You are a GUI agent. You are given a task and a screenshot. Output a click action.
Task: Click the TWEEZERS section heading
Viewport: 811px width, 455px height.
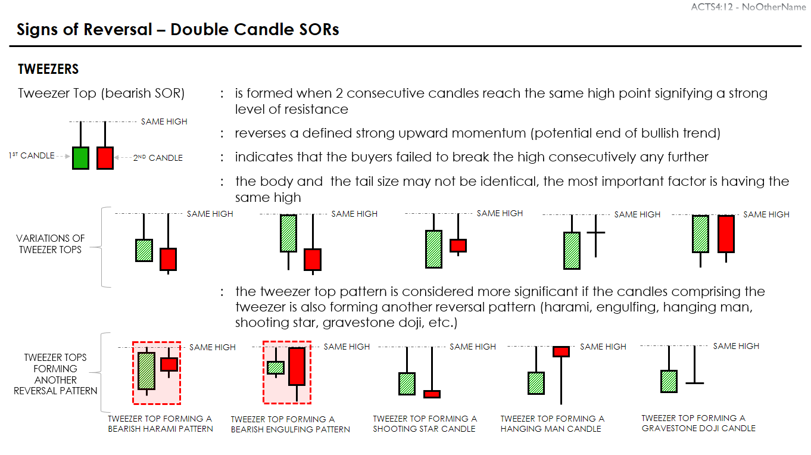point(48,68)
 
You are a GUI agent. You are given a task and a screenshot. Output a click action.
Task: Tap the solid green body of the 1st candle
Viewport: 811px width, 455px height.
point(80,158)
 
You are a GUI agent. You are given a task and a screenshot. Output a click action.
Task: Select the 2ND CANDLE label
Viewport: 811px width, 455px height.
point(158,158)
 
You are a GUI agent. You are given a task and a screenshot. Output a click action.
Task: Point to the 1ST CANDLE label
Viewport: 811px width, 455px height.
point(32,155)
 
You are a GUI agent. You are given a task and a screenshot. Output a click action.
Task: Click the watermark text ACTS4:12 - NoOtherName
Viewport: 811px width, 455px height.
point(748,7)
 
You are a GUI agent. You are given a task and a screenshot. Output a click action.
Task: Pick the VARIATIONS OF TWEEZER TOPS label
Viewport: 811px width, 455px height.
point(51,244)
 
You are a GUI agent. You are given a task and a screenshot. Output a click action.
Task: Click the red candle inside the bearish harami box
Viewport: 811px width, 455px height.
point(169,363)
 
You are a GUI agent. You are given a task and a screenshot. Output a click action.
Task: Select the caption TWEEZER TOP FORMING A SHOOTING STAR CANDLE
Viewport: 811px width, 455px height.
point(425,424)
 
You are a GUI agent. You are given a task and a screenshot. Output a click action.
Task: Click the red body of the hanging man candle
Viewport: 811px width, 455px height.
point(561,351)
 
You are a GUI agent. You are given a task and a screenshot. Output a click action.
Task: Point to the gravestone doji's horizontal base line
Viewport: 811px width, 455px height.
point(695,383)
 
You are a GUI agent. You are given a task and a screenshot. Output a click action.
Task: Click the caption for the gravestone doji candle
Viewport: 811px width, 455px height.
point(698,423)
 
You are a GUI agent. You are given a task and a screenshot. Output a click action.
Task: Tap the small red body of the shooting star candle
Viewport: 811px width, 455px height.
point(432,394)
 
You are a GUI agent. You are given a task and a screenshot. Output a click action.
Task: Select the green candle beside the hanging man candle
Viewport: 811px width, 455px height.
point(536,383)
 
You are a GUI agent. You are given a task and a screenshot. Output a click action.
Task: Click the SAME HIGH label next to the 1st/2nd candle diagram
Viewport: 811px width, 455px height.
point(164,121)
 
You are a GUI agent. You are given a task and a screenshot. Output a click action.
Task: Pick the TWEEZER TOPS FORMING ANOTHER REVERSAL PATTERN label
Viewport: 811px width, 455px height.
point(55,374)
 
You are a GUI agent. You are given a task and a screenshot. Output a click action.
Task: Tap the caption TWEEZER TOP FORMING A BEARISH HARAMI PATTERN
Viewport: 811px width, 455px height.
point(160,424)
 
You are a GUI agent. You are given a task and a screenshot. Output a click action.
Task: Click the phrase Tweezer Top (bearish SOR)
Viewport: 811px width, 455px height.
point(101,94)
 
